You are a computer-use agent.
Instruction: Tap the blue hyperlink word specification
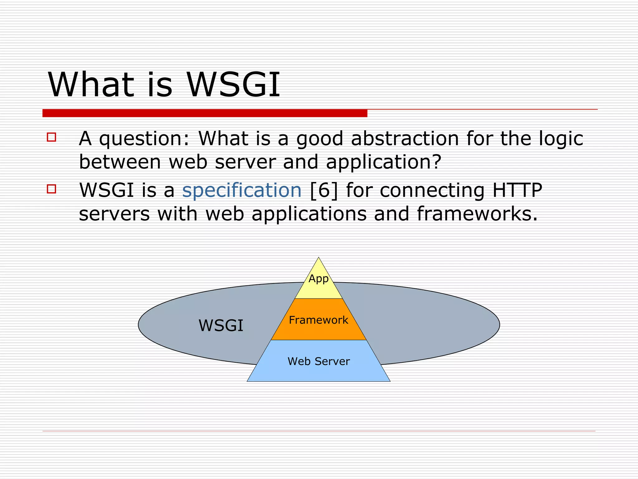click(x=242, y=190)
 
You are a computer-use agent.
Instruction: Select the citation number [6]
click(x=324, y=190)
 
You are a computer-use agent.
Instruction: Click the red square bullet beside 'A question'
click(x=51, y=137)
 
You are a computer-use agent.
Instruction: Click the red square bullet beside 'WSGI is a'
click(x=51, y=189)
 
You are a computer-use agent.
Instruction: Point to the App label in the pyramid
click(x=318, y=278)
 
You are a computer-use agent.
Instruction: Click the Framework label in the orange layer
click(x=318, y=320)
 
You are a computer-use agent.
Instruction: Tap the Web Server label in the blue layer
click(x=318, y=361)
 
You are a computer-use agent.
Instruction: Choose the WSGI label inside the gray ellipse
click(x=221, y=326)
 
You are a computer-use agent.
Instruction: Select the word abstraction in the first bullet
click(x=405, y=138)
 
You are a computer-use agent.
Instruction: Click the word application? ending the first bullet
click(x=383, y=162)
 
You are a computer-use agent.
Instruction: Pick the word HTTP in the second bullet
click(x=517, y=190)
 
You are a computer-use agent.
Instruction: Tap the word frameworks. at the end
click(x=477, y=214)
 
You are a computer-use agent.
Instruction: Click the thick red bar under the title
click(x=205, y=113)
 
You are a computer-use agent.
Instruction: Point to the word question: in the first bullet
click(x=144, y=139)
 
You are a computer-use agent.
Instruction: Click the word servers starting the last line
click(x=114, y=215)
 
